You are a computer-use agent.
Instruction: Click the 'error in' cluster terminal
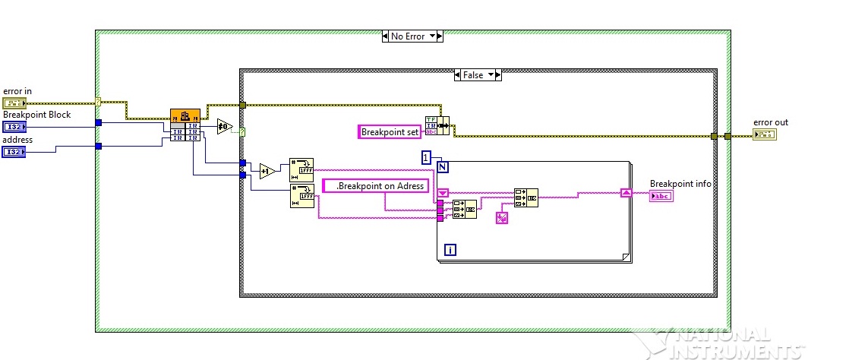click(x=14, y=103)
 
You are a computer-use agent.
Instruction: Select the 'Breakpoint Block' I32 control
click(x=14, y=127)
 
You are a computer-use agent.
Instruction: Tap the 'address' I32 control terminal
click(x=14, y=152)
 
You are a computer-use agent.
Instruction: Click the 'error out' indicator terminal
click(x=764, y=134)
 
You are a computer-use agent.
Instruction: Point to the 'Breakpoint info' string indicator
click(x=661, y=196)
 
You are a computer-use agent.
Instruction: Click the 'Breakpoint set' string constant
click(x=390, y=132)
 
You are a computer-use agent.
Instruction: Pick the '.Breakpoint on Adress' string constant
click(x=376, y=185)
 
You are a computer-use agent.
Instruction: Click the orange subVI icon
click(x=185, y=115)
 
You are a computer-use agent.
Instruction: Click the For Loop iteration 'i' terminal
click(x=450, y=248)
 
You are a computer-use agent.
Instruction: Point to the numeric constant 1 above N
click(x=427, y=156)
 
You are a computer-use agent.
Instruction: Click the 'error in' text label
click(x=17, y=91)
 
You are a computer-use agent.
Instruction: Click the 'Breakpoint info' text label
click(x=680, y=184)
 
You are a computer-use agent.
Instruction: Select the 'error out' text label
click(x=769, y=122)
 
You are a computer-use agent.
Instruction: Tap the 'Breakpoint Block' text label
click(x=37, y=115)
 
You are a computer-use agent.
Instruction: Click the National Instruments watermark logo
click(x=727, y=343)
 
